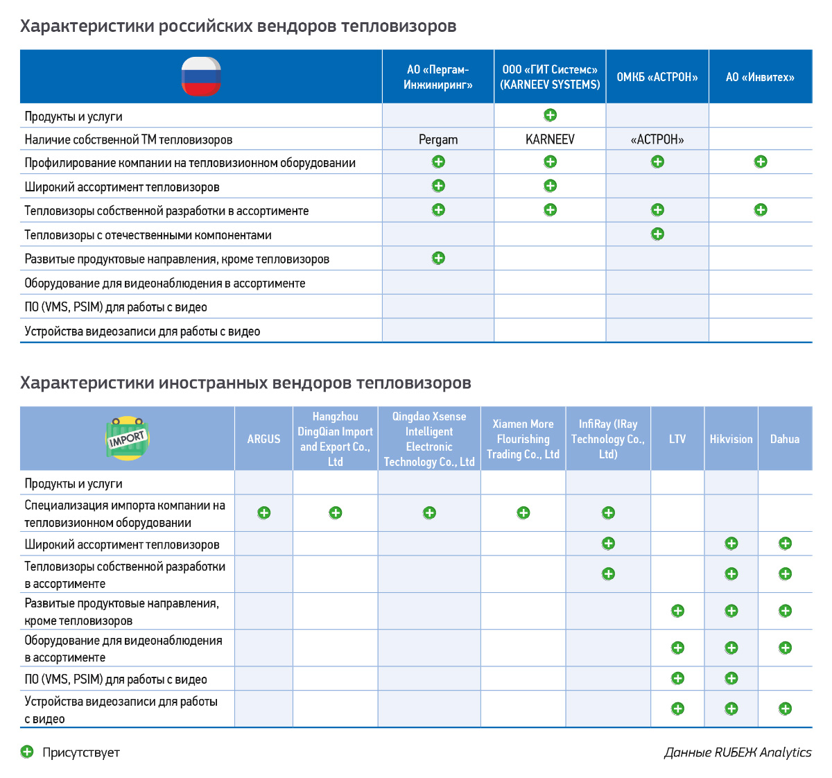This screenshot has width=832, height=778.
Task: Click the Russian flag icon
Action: click(201, 76)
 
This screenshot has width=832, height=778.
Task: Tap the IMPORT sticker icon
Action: click(128, 438)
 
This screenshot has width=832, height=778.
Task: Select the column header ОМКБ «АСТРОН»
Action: click(657, 77)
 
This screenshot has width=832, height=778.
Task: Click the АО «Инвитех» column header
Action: click(760, 77)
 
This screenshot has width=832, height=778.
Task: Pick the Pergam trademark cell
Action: click(438, 139)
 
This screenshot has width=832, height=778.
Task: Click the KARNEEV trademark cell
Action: click(550, 139)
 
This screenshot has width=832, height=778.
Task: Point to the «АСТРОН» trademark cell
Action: click(657, 139)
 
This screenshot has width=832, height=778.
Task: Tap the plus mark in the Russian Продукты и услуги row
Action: click(550, 115)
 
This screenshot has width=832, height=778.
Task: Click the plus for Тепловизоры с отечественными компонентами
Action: click(657, 234)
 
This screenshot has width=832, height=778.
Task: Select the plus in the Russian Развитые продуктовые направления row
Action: click(438, 258)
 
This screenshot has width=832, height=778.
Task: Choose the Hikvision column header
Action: click(731, 439)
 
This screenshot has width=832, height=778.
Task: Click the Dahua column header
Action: click(785, 439)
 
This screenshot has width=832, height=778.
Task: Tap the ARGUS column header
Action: click(263, 439)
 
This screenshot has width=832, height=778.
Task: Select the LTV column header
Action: click(677, 439)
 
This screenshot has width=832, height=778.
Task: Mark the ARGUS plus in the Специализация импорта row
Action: click(263, 513)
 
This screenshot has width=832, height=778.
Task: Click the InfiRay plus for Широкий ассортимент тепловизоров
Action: click(608, 544)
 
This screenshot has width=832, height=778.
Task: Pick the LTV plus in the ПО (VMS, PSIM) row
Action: click(677, 678)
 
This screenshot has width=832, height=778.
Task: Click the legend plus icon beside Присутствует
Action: click(27, 752)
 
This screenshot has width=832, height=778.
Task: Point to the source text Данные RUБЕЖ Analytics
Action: click(738, 752)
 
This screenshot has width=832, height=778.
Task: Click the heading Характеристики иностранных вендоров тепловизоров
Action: click(245, 383)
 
